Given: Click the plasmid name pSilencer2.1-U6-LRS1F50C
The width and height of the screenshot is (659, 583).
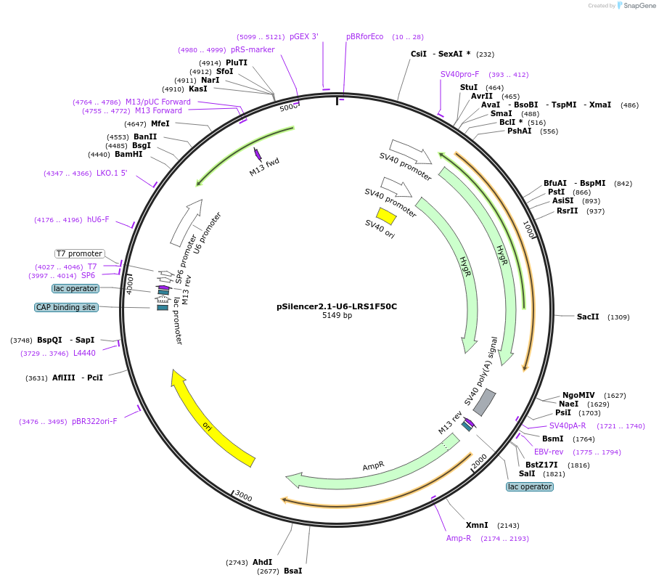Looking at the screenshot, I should coord(337,306).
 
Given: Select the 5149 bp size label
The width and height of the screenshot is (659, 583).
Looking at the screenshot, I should coord(337,316).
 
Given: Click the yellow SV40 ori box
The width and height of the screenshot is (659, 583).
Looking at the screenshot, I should coord(386,216).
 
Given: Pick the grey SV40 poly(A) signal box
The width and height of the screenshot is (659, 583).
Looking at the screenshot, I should coord(485,403).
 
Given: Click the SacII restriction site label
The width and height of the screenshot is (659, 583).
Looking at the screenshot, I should coord(588,317).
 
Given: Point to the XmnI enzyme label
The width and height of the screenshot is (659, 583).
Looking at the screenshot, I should coord(477,525).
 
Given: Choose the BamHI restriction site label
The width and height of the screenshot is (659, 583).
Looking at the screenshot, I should coord(128,154).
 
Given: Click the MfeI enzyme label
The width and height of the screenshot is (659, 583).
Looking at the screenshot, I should coord(160,124).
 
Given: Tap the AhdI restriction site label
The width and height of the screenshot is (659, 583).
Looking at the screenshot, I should coord(263,562).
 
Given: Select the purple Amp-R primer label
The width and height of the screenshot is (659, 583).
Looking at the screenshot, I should coord(459,538).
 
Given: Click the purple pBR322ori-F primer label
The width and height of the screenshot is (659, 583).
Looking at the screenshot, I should coord(94,421).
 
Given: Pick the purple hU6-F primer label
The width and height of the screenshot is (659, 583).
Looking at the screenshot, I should coord(98,219).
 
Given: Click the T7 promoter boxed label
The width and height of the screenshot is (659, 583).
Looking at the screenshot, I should coord(79,253).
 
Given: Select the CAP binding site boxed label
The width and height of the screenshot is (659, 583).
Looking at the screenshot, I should coord(65,307).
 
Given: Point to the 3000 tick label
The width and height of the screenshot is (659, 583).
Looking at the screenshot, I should coord(243,497).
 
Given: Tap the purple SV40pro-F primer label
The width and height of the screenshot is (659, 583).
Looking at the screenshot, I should coord(459,74).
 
